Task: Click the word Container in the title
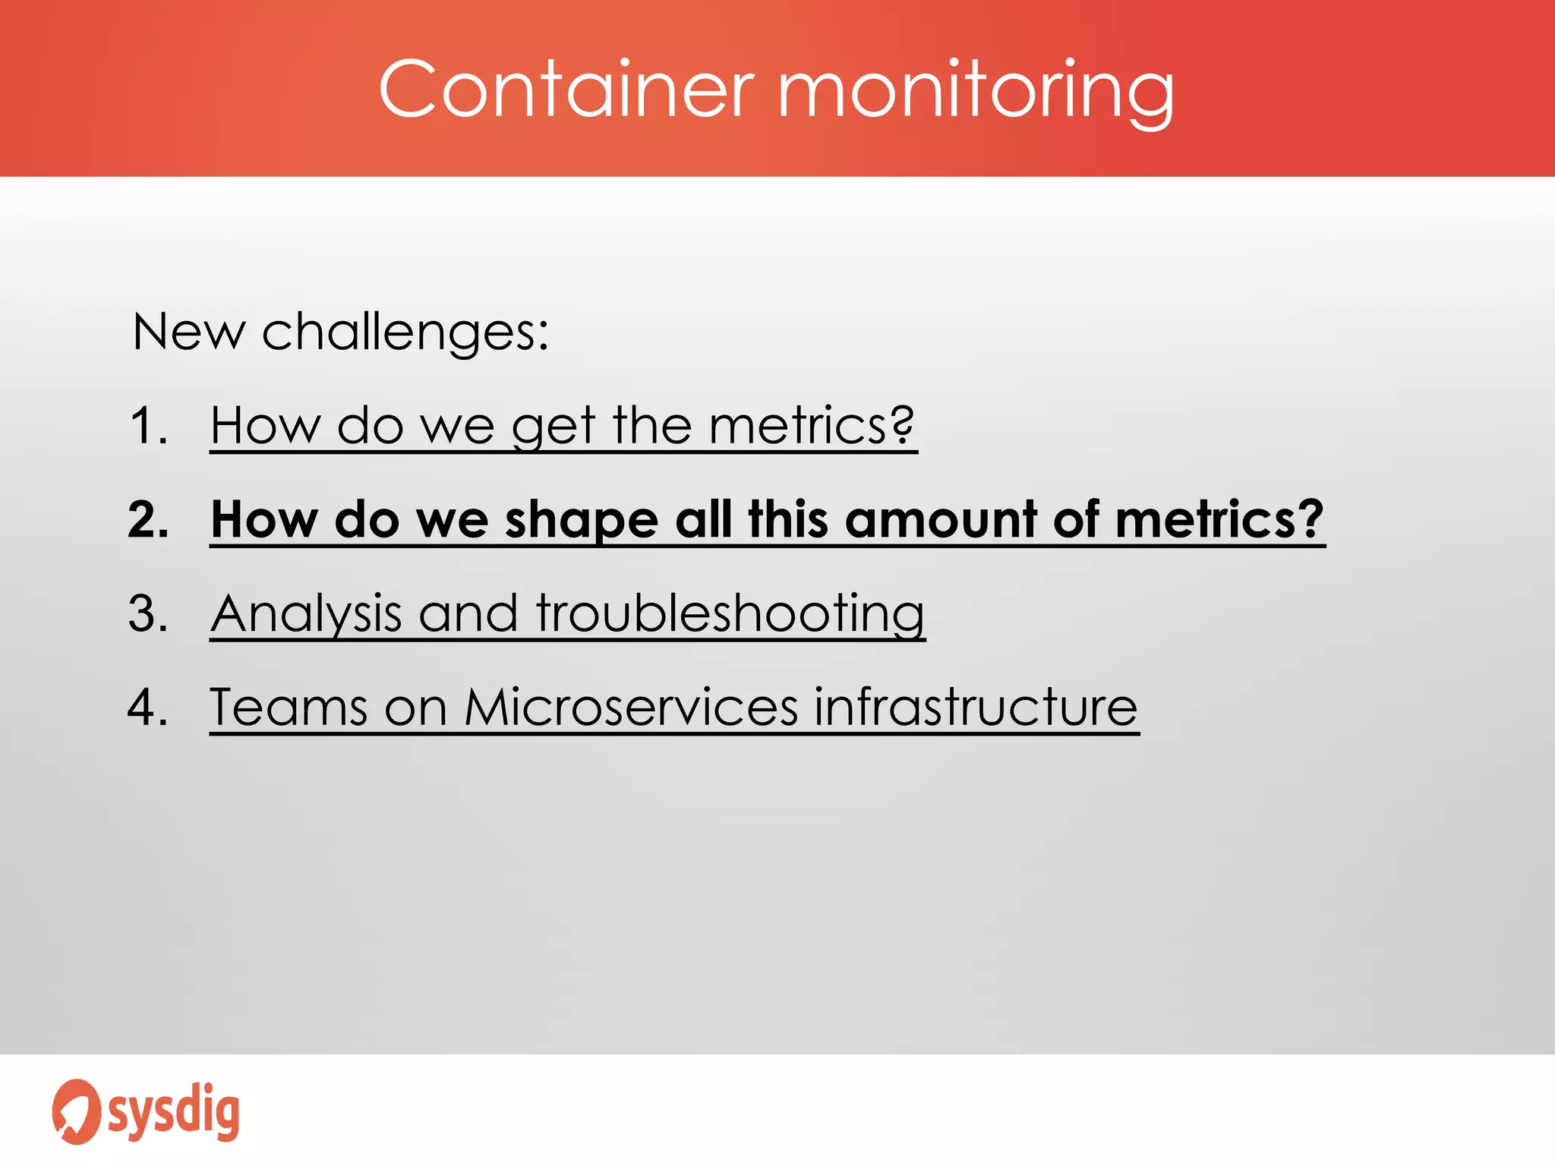(x=566, y=90)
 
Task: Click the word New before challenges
(x=188, y=332)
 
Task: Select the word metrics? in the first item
(x=812, y=425)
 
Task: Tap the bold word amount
(x=940, y=520)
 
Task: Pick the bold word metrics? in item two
(x=1219, y=520)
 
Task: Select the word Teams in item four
(x=289, y=707)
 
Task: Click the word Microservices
(x=631, y=707)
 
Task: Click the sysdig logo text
(x=174, y=1112)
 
